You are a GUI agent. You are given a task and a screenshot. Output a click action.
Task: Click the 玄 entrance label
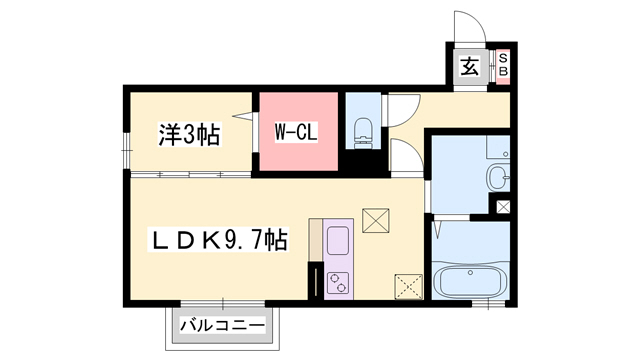coord(469,68)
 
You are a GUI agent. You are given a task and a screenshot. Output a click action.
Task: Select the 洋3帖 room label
coord(189,133)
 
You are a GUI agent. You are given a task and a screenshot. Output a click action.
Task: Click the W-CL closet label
coord(296,131)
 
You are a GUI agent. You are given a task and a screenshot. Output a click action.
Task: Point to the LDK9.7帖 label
coord(219,241)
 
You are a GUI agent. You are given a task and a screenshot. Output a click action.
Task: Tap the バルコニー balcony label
coord(223,326)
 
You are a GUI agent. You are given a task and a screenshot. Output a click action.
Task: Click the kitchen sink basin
coord(337,242)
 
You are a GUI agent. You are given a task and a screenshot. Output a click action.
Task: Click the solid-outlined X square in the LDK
coord(376,220)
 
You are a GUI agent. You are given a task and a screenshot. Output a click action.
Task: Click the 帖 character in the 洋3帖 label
coord(209,133)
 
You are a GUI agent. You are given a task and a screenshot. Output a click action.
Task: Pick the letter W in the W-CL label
coord(281,131)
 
